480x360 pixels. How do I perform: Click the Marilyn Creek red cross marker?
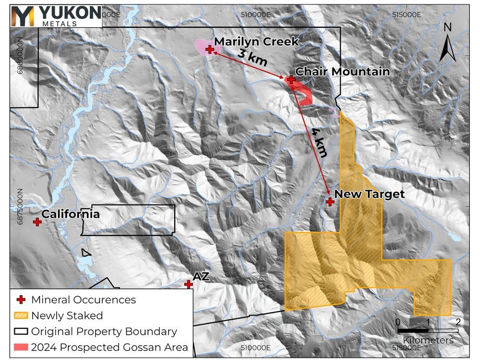click(210, 49)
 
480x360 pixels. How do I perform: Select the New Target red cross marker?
click(330, 202)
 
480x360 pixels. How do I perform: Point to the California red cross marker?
click(37, 221)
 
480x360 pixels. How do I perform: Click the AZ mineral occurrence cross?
click(189, 284)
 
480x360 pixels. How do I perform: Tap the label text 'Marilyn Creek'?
click(256, 42)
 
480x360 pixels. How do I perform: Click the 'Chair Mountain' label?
click(342, 72)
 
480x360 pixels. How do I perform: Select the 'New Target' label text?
click(369, 194)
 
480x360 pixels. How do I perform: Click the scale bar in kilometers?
click(428, 330)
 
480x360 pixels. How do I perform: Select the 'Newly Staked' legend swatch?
click(20, 315)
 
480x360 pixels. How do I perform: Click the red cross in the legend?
click(20, 300)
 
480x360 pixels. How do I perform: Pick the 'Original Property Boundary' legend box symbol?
click(20, 331)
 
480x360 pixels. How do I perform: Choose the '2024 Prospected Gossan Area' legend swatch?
click(20, 347)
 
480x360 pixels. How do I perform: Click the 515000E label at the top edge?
click(407, 14)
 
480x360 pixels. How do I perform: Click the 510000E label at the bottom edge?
click(256, 348)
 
